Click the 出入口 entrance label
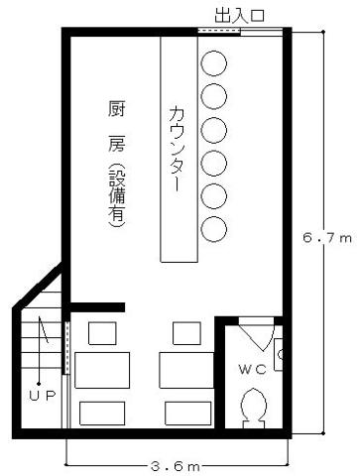[x=239, y=16]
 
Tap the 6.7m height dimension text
[x=327, y=238]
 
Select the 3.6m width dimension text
[x=176, y=466]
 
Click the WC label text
[x=253, y=369]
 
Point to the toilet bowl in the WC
[x=253, y=408]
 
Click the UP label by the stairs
[x=43, y=396]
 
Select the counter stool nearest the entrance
[x=214, y=63]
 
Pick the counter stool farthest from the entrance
[x=214, y=229]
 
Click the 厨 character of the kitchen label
[x=116, y=109]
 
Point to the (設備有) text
[x=117, y=195]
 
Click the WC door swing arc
[x=269, y=339]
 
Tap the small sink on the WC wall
[x=279, y=355]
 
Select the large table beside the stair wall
[x=102, y=370]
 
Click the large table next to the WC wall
[x=186, y=370]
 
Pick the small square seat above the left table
[x=102, y=333]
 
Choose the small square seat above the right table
[x=186, y=333]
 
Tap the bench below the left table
[x=102, y=414]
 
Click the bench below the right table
[x=188, y=414]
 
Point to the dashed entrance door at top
[x=219, y=31]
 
